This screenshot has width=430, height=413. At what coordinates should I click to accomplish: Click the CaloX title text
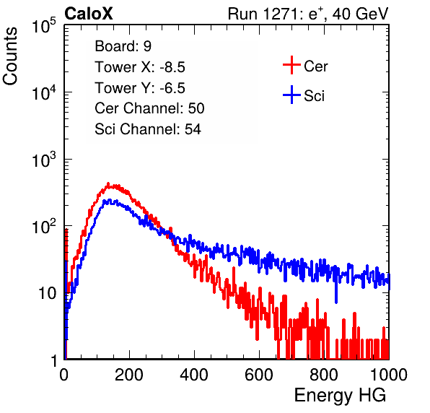pyautogui.click(x=89, y=14)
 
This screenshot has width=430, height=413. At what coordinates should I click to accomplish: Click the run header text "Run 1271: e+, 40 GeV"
pyautogui.click(x=308, y=14)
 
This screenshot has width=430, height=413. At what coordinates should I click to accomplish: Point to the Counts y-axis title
pyautogui.click(x=10, y=56)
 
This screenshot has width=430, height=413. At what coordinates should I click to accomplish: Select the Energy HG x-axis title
pyautogui.click(x=340, y=396)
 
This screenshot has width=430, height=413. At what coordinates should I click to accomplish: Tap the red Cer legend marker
pyautogui.click(x=291, y=65)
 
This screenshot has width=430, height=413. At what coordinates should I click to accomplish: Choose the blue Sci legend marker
pyautogui.click(x=291, y=95)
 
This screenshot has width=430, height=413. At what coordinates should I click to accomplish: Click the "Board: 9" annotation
pyautogui.click(x=123, y=46)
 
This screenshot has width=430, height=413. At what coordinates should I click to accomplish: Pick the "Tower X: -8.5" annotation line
pyautogui.click(x=140, y=67)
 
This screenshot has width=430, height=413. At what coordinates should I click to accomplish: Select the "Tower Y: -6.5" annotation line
pyautogui.click(x=140, y=88)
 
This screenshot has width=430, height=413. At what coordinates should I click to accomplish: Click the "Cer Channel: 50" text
pyautogui.click(x=149, y=108)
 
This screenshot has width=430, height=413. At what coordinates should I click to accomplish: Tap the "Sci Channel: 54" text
pyautogui.click(x=148, y=129)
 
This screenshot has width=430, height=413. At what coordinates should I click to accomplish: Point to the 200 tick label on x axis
pyautogui.click(x=129, y=375)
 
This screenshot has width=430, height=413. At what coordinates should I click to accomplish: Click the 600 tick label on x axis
pyautogui.click(x=259, y=375)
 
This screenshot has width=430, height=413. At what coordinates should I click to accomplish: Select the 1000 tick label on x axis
pyautogui.click(x=389, y=375)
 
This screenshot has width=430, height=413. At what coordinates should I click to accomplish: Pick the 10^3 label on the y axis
pyautogui.click(x=44, y=160)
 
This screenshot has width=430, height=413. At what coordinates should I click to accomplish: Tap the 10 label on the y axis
pyautogui.click(x=47, y=294)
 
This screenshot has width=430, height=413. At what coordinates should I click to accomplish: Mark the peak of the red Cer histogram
pyautogui.click(x=108, y=183)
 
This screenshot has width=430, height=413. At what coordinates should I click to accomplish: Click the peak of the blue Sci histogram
pyautogui.click(x=110, y=200)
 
